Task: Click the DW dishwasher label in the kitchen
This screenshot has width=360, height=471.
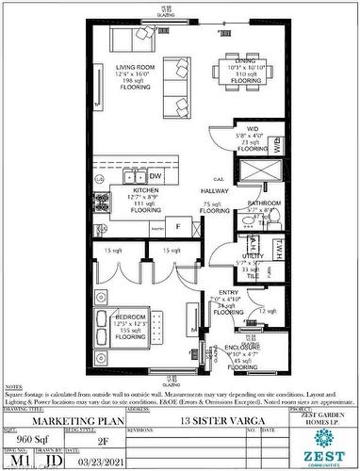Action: coord(155,176)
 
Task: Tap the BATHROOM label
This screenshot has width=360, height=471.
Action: coord(265,203)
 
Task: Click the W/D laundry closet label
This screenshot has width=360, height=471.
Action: coord(252,130)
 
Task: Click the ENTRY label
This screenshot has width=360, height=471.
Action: coord(227,293)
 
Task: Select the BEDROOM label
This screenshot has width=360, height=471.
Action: coord(132,316)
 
